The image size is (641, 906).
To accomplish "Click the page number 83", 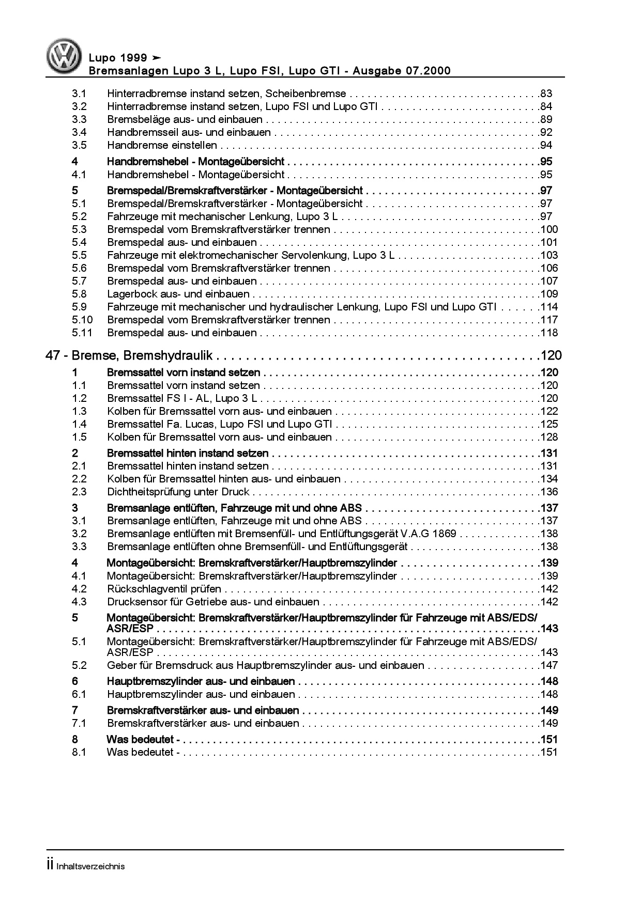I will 546,93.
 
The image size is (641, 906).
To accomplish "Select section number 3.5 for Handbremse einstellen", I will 79,145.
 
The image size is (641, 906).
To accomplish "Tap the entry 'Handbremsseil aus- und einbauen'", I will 189,132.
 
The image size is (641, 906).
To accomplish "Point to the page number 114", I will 550,307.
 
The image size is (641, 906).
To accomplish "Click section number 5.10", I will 82,320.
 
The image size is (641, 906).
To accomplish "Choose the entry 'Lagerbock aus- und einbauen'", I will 178,294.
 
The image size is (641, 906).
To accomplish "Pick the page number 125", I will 550,424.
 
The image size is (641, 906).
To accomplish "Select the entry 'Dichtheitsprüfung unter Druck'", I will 178,492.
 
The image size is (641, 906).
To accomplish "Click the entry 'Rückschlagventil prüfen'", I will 164,589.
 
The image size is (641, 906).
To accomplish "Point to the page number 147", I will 550,665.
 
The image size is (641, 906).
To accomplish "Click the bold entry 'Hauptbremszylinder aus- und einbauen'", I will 201,681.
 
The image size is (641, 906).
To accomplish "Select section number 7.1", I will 79,723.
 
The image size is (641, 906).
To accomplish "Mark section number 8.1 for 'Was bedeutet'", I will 79,752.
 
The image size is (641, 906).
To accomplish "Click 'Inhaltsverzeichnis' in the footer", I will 90,866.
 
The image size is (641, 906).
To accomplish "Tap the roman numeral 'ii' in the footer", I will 50,866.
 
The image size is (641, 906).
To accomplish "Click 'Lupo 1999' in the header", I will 118,58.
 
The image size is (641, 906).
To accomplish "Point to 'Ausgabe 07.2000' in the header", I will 402,71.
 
